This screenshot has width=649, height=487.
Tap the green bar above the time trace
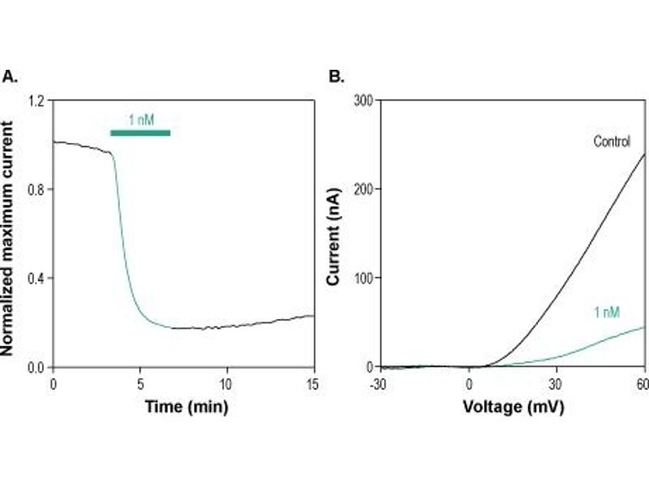click(140, 132)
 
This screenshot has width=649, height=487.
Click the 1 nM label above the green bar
click(140, 120)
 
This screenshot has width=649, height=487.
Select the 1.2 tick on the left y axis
click(36, 101)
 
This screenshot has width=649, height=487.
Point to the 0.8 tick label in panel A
click(36, 189)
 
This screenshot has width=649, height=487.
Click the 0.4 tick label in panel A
click(36, 278)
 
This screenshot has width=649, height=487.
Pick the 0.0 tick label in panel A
click(36, 368)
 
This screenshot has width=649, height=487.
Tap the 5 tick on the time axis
click(140, 382)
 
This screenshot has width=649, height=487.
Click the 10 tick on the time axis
click(226, 382)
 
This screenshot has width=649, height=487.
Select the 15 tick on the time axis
click(313, 382)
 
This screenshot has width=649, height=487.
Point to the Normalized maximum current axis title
click(10, 235)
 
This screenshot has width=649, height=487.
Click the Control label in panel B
click(612, 141)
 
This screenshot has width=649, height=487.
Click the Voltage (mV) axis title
click(513, 406)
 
